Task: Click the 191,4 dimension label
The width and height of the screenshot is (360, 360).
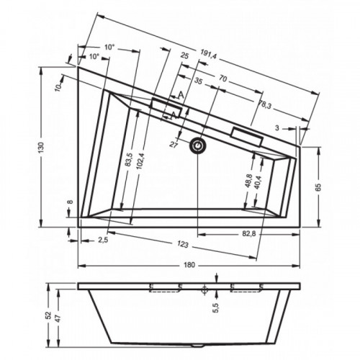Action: click(208, 55)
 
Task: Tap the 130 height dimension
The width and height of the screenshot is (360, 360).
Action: click(41, 148)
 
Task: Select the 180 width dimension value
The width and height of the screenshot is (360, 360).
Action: click(189, 265)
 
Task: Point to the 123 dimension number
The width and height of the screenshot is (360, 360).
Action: click(183, 244)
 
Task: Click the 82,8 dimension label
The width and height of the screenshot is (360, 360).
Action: click(249, 233)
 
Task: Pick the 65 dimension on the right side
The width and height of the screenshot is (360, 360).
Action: click(318, 186)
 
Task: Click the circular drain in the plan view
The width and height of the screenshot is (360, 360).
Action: click(198, 145)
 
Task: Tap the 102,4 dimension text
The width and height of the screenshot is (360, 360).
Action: click(141, 161)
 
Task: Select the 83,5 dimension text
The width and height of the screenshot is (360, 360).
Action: click(128, 160)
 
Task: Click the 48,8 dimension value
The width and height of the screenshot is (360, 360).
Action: click(249, 181)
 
